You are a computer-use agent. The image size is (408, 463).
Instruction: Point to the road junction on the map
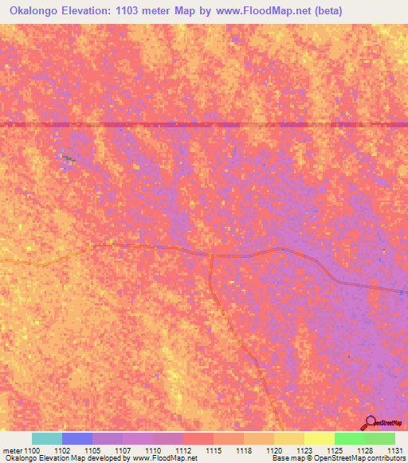210,255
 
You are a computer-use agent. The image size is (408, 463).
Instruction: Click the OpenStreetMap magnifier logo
371,423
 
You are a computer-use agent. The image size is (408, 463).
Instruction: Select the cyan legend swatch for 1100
47,438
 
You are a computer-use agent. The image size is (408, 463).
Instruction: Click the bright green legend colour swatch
350,438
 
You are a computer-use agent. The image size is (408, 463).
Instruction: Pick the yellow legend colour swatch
320,438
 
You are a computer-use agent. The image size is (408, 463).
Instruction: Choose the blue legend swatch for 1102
77,438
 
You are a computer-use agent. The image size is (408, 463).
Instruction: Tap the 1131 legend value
394,449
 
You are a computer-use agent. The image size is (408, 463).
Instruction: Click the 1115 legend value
213,449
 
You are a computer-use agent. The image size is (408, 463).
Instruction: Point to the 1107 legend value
122,449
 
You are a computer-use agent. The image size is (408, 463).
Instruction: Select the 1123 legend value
304,449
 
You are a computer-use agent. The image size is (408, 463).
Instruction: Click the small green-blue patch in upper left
67,158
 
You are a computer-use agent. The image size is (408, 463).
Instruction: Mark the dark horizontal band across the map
204,124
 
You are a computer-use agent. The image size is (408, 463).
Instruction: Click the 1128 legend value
364,449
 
